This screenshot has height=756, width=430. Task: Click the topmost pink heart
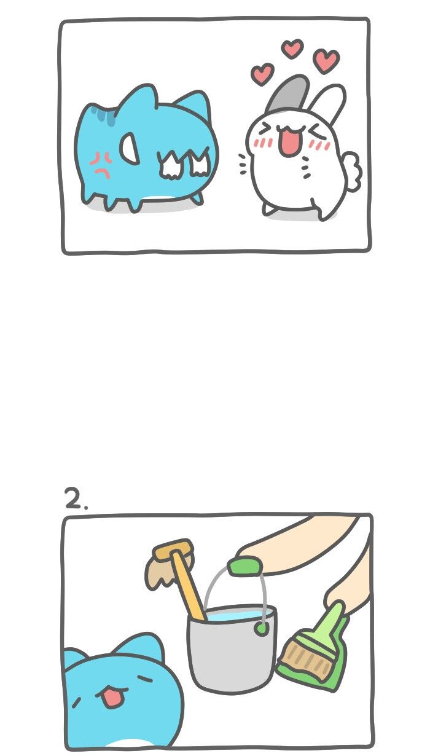coord(292,49)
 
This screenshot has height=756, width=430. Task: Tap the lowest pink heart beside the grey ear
coord(262,74)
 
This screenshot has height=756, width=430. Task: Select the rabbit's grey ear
coord(289,93)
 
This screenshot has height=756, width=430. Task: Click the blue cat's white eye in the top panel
coord(129,148)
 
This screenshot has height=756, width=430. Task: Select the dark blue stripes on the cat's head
coord(104,116)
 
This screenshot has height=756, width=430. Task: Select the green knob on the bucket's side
coord(260,628)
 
